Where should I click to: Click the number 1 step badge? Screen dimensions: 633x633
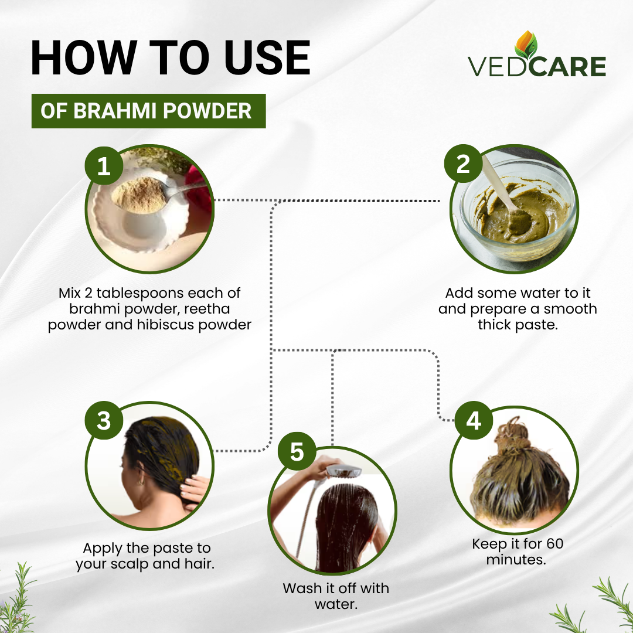click(104, 165)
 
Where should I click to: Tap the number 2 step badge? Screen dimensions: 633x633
click(463, 164)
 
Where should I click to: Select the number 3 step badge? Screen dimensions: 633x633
click(104, 420)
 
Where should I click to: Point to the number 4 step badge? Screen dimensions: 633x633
click(473, 420)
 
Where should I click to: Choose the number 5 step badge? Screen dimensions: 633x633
click(297, 451)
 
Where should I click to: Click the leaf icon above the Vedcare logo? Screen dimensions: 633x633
click(526, 45)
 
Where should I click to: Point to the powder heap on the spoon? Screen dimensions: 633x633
click(139, 195)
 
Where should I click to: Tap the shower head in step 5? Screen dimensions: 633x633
click(343, 470)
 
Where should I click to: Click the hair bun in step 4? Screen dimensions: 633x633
click(512, 433)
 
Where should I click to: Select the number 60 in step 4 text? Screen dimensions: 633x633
click(554, 544)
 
